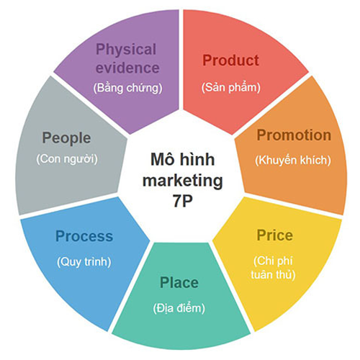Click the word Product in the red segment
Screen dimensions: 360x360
[x=230, y=60]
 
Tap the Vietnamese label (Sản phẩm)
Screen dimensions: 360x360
[x=231, y=87]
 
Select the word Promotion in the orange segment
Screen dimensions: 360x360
[x=294, y=135]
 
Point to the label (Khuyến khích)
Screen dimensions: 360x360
[x=293, y=160]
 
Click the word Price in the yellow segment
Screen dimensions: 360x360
[x=275, y=235]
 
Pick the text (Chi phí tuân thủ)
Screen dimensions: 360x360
[x=273, y=268]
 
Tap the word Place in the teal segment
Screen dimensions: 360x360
[x=179, y=282]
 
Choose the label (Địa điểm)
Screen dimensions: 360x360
[x=179, y=307]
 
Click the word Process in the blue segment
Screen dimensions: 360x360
[x=84, y=236]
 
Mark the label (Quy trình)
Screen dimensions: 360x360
[x=84, y=261]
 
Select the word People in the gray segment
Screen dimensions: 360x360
[x=66, y=138]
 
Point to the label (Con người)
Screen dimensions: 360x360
[x=67, y=159]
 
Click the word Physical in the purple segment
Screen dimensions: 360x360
[x=126, y=50]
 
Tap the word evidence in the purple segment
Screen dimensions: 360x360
[x=127, y=68]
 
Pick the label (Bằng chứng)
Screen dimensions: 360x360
[x=127, y=88]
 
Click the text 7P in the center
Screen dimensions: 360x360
[x=182, y=201]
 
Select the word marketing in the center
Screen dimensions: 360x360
[x=183, y=181]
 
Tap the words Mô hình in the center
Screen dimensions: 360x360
[x=182, y=159]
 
